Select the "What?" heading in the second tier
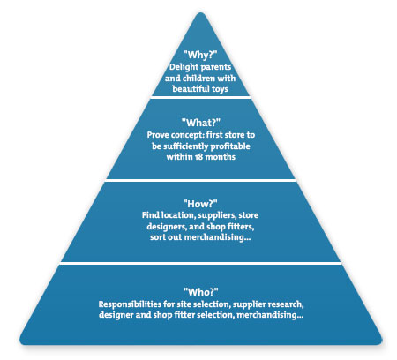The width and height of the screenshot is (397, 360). coord(198,122)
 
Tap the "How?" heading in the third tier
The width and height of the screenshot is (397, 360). coord(198,201)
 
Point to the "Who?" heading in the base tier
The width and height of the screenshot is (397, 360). coord(198,290)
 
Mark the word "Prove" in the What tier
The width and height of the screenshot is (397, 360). coord(160,133)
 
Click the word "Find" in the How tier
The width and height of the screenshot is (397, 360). coord(151,214)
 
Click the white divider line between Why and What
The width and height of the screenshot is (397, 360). coord(198,98)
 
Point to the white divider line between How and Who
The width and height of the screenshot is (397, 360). coord(198,263)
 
